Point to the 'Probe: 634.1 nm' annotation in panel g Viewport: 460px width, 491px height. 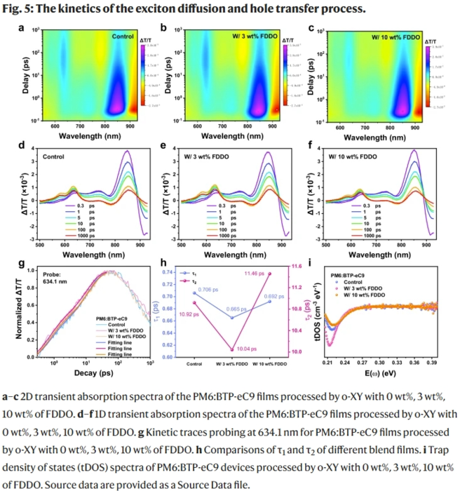(x=55, y=277)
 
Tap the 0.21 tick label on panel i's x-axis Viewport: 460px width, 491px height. (x=327, y=365)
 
